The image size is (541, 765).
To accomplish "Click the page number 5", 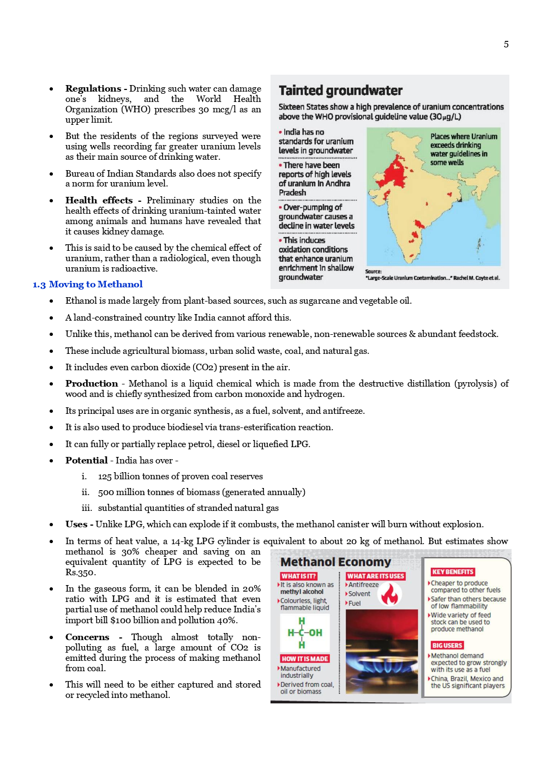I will pyautogui.click(x=506, y=44).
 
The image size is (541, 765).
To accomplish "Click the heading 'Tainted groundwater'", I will pyautogui.click(x=340, y=91).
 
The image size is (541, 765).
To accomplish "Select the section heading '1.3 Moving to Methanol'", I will pyautogui.click(x=87, y=284).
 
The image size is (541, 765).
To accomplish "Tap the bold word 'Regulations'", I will pyautogui.click(x=93, y=88).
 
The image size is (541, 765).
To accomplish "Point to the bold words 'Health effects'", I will pyautogui.click(x=99, y=200).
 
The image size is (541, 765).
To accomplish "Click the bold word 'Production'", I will pyautogui.click(x=92, y=383).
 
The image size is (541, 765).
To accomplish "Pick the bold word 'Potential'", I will pyautogui.click(x=86, y=460).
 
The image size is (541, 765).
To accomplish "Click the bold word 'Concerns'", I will pyautogui.click(x=87, y=637).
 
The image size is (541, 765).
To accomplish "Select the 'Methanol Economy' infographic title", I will pyautogui.click(x=335, y=562).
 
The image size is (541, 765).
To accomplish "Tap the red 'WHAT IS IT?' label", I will pyautogui.click(x=298, y=576).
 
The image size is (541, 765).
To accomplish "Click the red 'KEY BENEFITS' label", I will pyautogui.click(x=452, y=571).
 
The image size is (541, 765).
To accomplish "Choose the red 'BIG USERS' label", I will pyautogui.click(x=447, y=645).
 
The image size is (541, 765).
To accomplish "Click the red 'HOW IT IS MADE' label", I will pyautogui.click(x=304, y=659).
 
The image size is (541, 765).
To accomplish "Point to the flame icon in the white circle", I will pyautogui.click(x=389, y=594).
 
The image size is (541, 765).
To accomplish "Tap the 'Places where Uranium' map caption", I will pyautogui.click(x=464, y=136).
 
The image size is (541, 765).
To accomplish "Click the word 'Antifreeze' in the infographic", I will pyautogui.click(x=363, y=585).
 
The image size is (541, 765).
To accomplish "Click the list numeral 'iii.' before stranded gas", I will pyautogui.click(x=87, y=508).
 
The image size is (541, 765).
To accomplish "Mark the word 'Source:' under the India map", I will pyautogui.click(x=373, y=271).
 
